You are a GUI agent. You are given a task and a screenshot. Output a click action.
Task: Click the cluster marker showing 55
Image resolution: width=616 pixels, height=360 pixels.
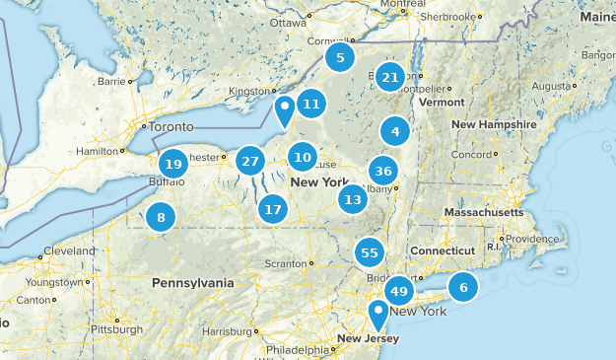370,252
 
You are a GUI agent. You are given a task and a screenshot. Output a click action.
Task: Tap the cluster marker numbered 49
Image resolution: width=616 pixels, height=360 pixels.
399,291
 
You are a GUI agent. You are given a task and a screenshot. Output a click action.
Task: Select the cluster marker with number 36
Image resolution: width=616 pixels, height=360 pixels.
384,170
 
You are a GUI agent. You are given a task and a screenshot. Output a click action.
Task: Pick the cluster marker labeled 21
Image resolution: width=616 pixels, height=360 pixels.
390,77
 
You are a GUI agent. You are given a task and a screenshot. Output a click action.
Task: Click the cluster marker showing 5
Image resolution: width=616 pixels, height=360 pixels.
340,57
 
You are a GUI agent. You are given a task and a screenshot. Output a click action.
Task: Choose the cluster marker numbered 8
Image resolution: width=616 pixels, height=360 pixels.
161,218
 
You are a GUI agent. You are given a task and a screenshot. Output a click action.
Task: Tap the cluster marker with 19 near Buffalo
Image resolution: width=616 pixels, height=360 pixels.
173,165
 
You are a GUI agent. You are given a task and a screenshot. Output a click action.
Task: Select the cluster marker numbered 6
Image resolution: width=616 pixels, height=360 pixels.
462,287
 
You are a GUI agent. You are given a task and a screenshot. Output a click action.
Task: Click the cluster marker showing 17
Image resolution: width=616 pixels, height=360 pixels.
273,209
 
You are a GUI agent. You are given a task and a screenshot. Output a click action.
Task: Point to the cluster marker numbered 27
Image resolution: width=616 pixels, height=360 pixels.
250,161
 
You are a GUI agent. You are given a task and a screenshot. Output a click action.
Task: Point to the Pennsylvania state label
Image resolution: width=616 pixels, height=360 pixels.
193,283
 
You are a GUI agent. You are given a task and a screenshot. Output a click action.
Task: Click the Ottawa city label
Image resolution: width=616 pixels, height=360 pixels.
288,22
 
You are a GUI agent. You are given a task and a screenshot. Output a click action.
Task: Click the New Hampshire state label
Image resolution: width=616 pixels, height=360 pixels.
494,125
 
